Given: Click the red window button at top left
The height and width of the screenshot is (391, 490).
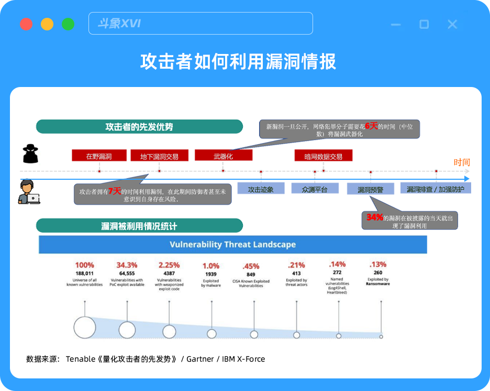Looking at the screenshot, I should pyautogui.click(x=26, y=24).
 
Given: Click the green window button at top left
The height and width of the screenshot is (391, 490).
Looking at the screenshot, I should pyautogui.click(x=68, y=24).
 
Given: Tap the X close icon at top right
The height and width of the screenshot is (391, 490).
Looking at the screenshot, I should pyautogui.click(x=452, y=24).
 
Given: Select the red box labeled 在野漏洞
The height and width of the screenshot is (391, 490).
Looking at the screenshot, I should pyautogui.click(x=99, y=156).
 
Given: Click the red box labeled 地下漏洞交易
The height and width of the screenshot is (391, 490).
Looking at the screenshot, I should pyautogui.click(x=159, y=156).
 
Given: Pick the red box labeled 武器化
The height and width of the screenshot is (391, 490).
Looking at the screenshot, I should pyautogui.click(x=223, y=156).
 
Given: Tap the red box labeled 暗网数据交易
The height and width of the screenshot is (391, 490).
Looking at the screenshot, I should pyautogui.click(x=323, y=156).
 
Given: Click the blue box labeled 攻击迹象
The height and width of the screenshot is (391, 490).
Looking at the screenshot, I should pyautogui.click(x=261, y=189).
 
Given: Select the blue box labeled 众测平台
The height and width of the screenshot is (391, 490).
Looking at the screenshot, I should pyautogui.click(x=315, y=189).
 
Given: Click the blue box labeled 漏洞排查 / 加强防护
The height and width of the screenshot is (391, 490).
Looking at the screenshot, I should pyautogui.click(x=436, y=189).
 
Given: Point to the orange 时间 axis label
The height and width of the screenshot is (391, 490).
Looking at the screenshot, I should pyautogui.click(x=462, y=162).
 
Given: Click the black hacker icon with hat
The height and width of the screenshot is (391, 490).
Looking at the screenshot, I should pyautogui.click(x=30, y=154).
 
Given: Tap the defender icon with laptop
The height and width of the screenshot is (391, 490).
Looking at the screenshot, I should pyautogui.click(x=29, y=192).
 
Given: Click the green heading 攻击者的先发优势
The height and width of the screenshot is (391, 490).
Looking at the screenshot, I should pyautogui.click(x=139, y=127).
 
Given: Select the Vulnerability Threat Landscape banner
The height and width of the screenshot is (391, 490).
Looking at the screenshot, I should pyautogui.click(x=233, y=244).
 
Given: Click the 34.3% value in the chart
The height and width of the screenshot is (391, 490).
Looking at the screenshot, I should pyautogui.click(x=127, y=265).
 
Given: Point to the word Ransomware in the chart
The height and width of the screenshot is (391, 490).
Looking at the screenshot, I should pyautogui.click(x=378, y=284).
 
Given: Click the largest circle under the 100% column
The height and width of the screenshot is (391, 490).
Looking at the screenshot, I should pyautogui.click(x=85, y=328).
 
